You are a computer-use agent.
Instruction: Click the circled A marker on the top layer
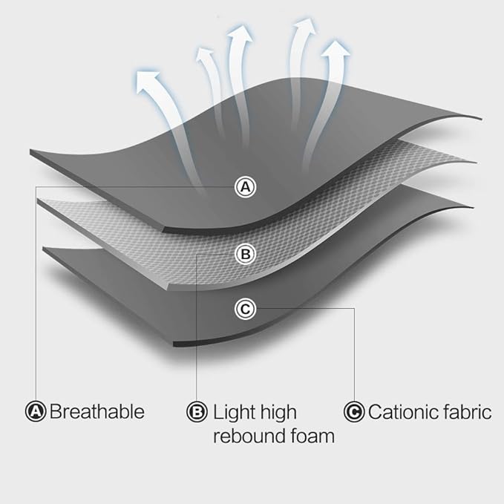tap(245, 187)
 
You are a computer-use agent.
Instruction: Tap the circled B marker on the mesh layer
tap(245, 255)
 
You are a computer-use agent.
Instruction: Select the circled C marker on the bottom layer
tap(245, 309)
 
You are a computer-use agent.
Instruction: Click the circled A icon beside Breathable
tap(36, 411)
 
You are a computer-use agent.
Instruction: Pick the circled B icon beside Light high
tap(197, 411)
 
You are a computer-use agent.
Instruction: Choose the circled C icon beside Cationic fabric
tap(354, 411)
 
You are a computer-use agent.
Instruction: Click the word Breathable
tap(96, 411)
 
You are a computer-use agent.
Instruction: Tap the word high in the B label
tap(278, 413)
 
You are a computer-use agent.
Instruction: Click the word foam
tap(312, 436)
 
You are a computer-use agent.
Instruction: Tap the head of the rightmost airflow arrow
tap(336, 51)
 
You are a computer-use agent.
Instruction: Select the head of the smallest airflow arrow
tap(205, 54)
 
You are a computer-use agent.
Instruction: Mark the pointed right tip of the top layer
tap(482, 119)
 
